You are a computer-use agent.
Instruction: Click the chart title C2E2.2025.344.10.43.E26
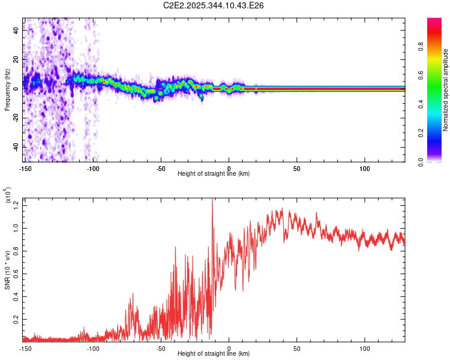click(x=214, y=5)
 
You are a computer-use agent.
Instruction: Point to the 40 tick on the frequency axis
click(x=16, y=31)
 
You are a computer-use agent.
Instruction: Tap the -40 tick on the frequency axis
click(x=16, y=147)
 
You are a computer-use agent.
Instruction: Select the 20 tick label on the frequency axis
click(x=16, y=60)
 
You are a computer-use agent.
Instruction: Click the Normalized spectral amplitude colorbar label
click(x=445, y=91)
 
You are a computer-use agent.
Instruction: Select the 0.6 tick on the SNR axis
click(x=16, y=274)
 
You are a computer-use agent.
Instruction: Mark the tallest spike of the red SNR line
click(x=212, y=200)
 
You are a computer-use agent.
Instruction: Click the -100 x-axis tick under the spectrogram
click(x=93, y=169)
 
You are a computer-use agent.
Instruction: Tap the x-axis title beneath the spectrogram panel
click(x=214, y=174)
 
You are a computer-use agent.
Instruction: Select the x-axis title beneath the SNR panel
click(x=214, y=353)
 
